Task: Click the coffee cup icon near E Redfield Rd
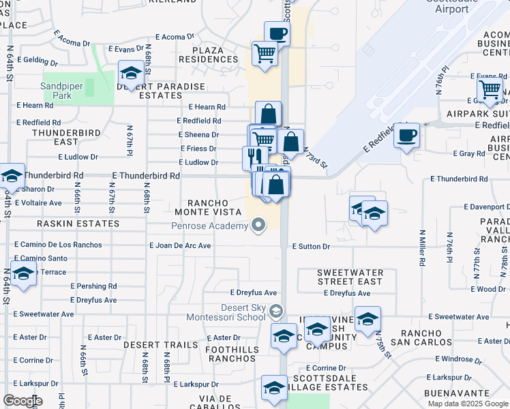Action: coord(406,135)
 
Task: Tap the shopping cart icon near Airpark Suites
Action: coord(490,89)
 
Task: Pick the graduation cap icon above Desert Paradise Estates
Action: coord(130,72)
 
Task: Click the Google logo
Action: coord(22,401)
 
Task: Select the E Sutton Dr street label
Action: coord(310,246)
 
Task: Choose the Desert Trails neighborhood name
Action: coord(161,345)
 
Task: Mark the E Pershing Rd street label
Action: coord(93,286)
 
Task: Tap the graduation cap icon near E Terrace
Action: coord(23,274)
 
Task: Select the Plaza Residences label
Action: coord(209,55)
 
